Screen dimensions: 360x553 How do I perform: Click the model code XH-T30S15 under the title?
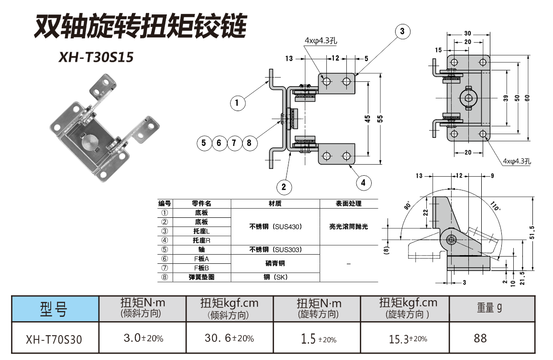tap(96, 57)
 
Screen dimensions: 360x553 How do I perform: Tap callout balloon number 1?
tap(238, 102)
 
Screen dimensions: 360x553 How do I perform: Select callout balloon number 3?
tap(402, 32)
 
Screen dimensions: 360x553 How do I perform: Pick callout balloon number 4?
tap(363, 182)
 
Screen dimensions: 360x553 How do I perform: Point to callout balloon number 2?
tap(284, 187)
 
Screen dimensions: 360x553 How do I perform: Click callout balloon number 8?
tap(249, 143)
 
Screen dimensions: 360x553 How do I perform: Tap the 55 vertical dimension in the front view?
tap(381, 119)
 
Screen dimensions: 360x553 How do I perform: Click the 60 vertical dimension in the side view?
tap(527, 97)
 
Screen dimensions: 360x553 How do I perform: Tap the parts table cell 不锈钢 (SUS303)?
tap(275, 249)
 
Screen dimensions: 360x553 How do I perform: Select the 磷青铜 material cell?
tap(275, 263)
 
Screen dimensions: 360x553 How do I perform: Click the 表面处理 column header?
tap(349, 203)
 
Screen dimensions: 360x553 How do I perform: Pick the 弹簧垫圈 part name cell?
tap(201, 277)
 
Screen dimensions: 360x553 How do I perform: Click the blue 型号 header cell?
tap(55, 309)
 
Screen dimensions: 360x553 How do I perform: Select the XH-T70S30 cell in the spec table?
tap(55, 339)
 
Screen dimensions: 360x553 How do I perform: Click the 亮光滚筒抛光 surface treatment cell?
tap(349, 227)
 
